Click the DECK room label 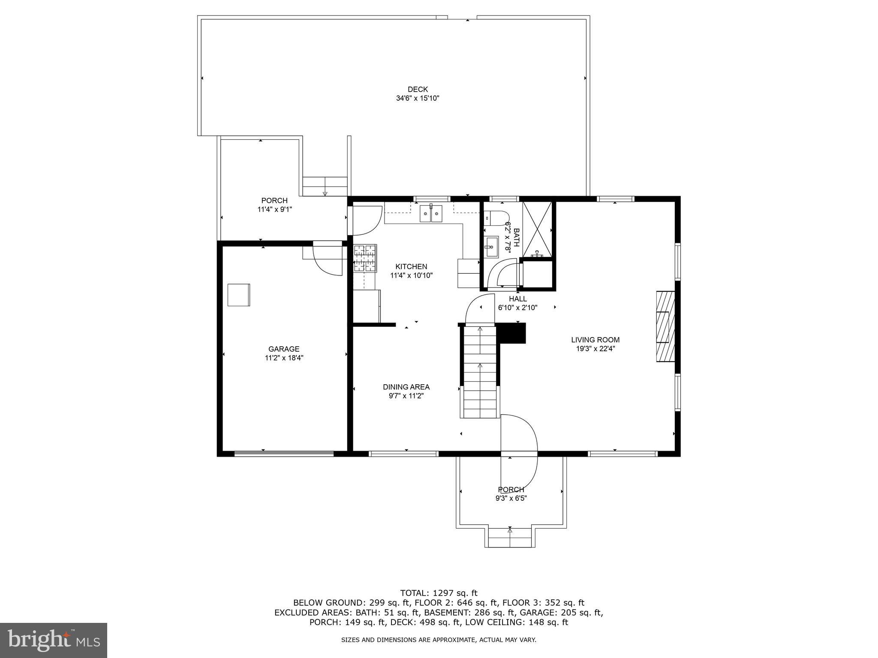coord(418,90)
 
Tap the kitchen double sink coord(431,213)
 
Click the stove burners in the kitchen coord(365,258)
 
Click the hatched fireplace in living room coord(665,326)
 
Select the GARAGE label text coord(284,349)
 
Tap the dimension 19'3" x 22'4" coord(595,349)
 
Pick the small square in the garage coord(239,295)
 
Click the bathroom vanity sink coord(491,247)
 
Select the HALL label coord(518,299)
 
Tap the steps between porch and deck coord(325,186)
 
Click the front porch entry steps coord(510,538)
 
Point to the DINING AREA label coord(406,387)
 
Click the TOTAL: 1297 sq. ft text coord(439,593)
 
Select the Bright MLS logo coord(54,640)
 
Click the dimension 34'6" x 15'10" coord(418,99)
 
